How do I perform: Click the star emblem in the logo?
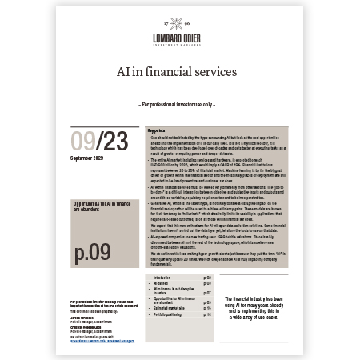[x=180, y=25]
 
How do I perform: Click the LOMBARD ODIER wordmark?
[x=180, y=37]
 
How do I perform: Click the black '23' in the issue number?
[x=115, y=142]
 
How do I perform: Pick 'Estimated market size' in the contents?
[x=170, y=309]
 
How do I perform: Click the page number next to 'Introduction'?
[x=207, y=276]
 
